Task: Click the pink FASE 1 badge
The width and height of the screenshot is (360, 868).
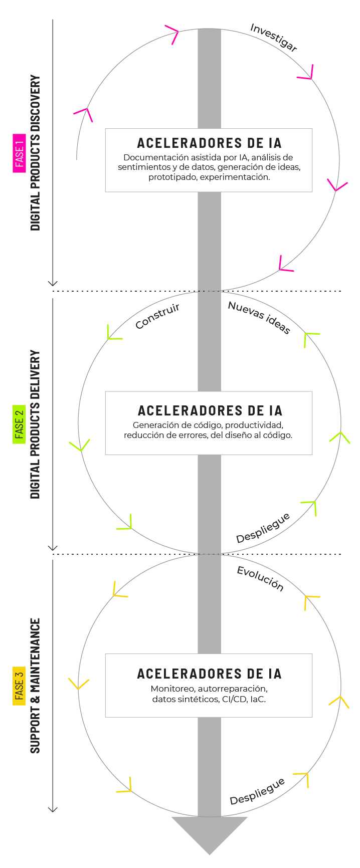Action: coord(20,153)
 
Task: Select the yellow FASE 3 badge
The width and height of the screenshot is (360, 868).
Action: coord(20,686)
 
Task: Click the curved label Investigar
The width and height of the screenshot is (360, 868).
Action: coord(274,37)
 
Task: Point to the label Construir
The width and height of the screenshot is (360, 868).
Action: coord(157,316)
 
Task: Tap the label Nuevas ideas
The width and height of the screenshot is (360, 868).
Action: coord(259,317)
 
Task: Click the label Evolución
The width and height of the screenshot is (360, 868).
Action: coord(260,579)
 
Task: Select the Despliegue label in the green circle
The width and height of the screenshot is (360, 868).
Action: coord(263,528)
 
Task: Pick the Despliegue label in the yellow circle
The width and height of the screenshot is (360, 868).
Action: coord(257,791)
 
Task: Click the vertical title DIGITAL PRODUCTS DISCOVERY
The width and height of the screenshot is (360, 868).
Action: coord(35,153)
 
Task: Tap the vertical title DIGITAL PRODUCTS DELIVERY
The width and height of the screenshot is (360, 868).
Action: coord(35,424)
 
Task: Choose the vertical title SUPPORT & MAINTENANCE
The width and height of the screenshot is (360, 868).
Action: coord(35,686)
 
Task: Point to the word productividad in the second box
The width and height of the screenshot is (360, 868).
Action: coord(254,425)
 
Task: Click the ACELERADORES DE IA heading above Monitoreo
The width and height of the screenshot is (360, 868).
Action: coord(209,674)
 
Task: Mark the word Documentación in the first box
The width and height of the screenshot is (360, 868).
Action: coord(154,157)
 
